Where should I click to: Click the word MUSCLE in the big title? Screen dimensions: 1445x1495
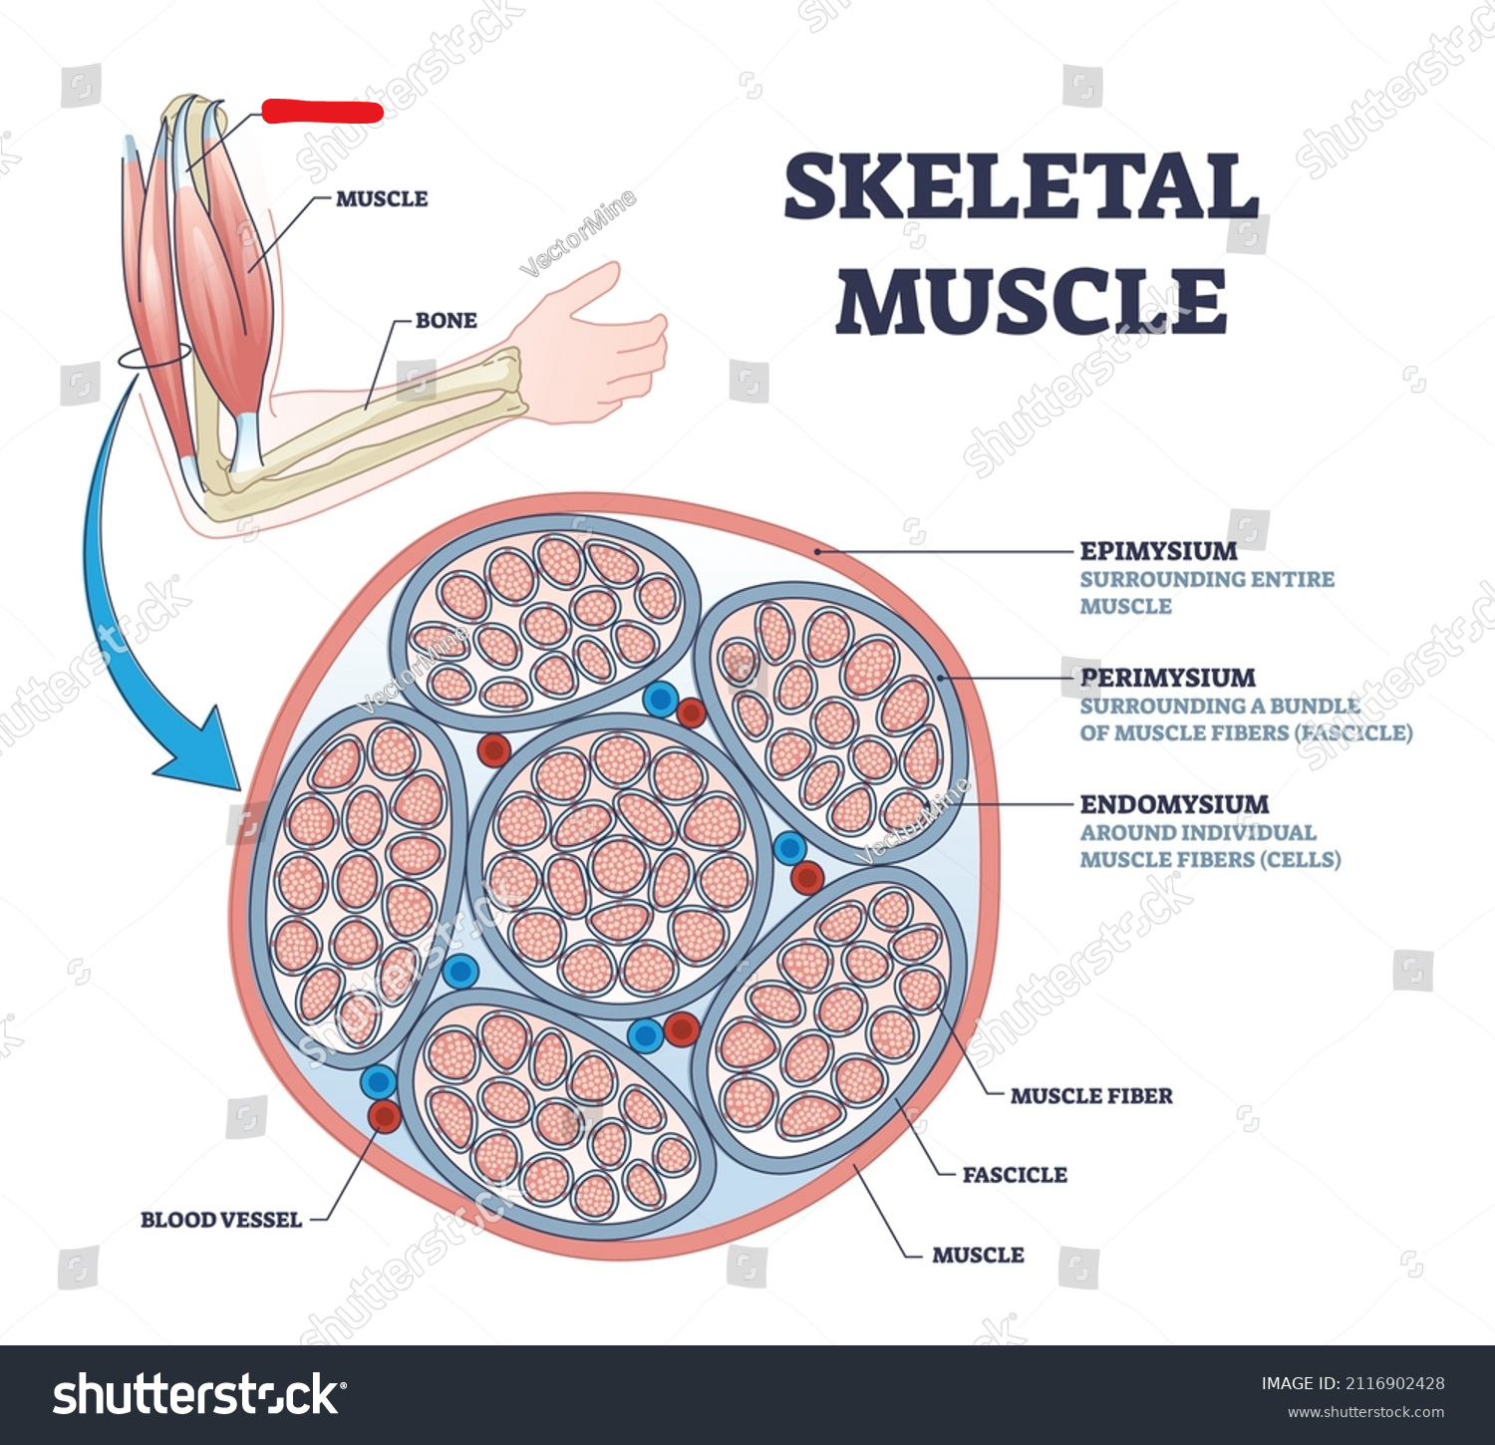click(x=1031, y=301)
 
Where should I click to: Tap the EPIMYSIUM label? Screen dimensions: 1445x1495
click(x=1158, y=551)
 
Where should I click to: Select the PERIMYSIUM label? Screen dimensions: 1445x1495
click(x=1167, y=678)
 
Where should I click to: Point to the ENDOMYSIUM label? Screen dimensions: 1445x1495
click(x=1174, y=804)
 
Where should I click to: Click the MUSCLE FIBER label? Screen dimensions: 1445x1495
click(x=1090, y=1096)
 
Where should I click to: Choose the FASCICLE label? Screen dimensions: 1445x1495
click(x=1014, y=1175)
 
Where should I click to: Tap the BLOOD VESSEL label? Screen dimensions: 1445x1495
click(x=220, y=1220)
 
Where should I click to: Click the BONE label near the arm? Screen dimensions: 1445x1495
click(x=446, y=321)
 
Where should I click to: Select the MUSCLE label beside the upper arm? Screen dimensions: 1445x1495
click(x=381, y=199)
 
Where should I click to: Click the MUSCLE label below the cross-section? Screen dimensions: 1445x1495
click(x=977, y=1255)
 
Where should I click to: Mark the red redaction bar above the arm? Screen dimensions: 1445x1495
click(x=322, y=112)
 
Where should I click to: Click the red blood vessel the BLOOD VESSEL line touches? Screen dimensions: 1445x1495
click(x=384, y=1115)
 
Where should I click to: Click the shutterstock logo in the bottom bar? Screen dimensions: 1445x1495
click(x=199, y=1394)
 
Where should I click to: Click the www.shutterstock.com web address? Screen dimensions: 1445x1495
click(x=1365, y=1412)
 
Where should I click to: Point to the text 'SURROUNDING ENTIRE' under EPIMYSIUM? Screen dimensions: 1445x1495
click(x=1206, y=579)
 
